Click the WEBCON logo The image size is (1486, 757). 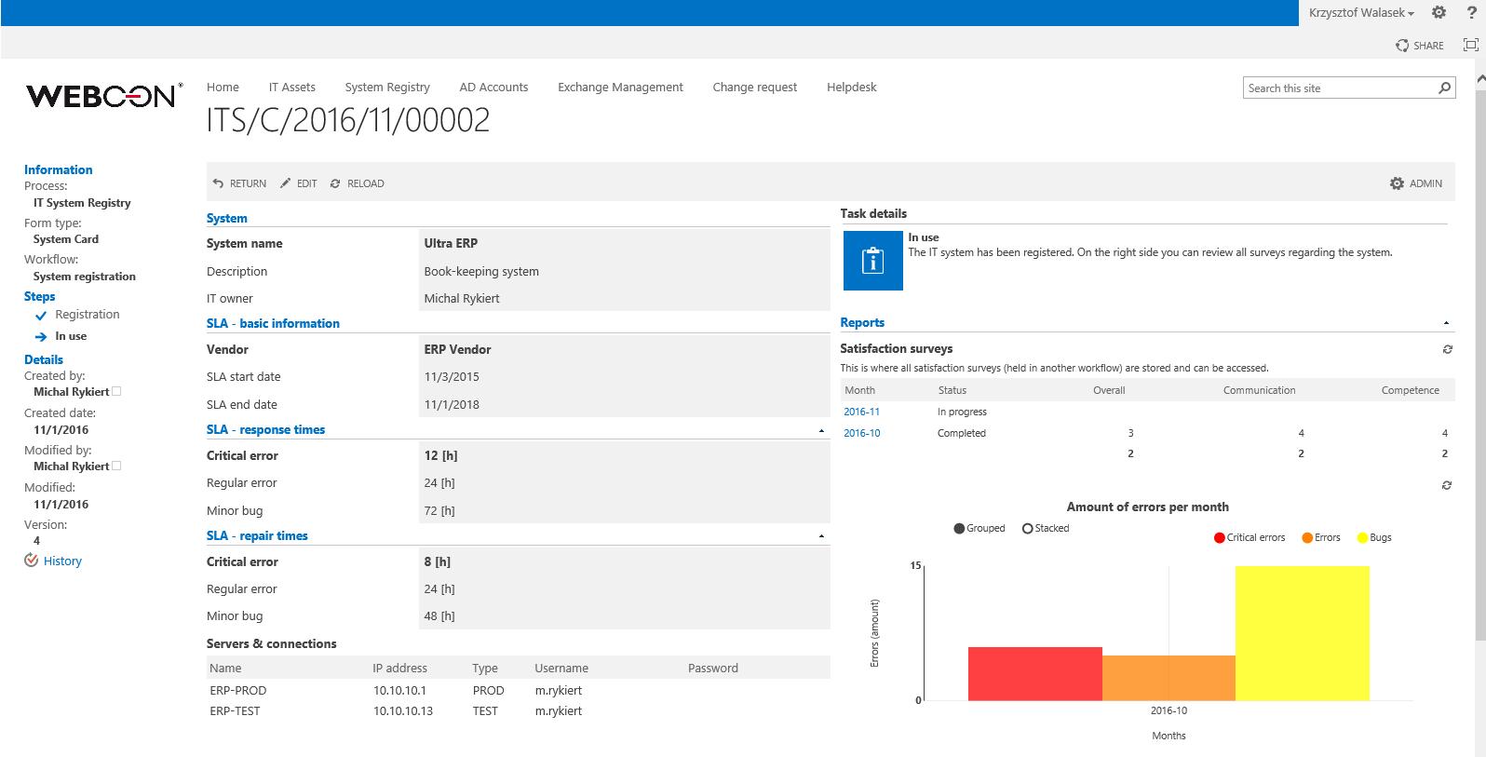[102, 96]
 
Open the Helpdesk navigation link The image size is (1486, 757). [851, 88]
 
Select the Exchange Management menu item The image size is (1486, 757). [620, 88]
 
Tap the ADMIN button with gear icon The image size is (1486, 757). [1416, 184]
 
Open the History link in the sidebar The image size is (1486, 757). [62, 561]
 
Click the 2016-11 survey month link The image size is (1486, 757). [861, 412]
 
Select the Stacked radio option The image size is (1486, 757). [1028, 529]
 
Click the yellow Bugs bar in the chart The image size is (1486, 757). [1302, 633]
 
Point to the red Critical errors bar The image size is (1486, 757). [1034, 674]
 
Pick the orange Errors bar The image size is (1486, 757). [1169, 678]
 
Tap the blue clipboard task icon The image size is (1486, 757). [872, 261]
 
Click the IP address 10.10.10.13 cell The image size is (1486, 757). [403, 711]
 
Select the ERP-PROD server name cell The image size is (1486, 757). [238, 691]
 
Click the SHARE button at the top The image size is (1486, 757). [1420, 46]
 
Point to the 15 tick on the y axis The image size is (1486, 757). [915, 565]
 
